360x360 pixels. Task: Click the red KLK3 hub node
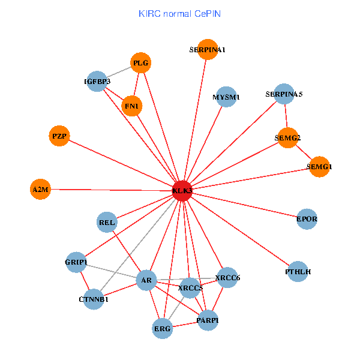click(182, 190)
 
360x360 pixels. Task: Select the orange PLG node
click(140, 62)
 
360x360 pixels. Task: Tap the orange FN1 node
click(131, 106)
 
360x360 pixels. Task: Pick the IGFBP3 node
click(97, 81)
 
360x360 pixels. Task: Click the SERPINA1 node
click(207, 50)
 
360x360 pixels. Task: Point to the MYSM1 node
click(226, 97)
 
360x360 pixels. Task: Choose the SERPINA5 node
click(284, 94)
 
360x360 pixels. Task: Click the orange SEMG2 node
click(288, 138)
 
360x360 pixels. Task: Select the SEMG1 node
click(319, 166)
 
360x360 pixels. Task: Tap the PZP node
click(59, 136)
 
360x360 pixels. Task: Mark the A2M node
click(40, 190)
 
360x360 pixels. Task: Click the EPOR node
click(307, 219)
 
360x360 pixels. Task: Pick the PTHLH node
click(299, 272)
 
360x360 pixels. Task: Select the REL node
click(107, 223)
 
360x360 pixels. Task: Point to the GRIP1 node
click(76, 262)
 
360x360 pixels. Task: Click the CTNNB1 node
click(94, 299)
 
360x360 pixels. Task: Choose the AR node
click(146, 280)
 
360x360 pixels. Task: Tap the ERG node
click(163, 328)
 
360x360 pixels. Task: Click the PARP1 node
click(208, 320)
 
